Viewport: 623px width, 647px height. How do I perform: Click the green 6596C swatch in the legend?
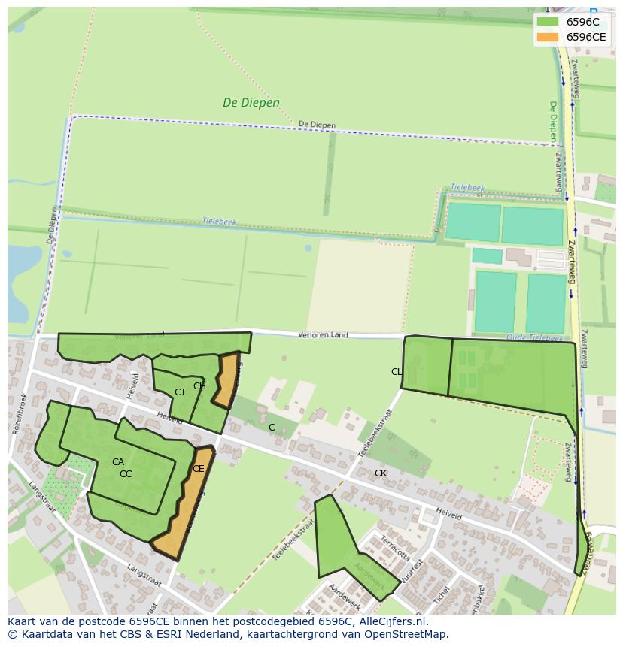548,22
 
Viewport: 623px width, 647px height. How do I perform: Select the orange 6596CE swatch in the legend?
548,37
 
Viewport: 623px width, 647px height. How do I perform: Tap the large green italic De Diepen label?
251,103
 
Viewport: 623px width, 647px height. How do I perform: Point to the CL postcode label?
396,372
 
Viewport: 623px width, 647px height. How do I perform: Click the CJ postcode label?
179,392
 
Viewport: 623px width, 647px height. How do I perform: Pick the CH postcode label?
199,386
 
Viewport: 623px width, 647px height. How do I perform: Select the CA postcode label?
118,462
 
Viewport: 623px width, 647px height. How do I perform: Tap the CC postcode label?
126,474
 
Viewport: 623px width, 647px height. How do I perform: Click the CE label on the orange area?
198,469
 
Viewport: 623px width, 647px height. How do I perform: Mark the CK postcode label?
381,473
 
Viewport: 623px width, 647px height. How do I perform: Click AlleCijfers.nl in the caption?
391,621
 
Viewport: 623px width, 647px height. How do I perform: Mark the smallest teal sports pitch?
487,256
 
